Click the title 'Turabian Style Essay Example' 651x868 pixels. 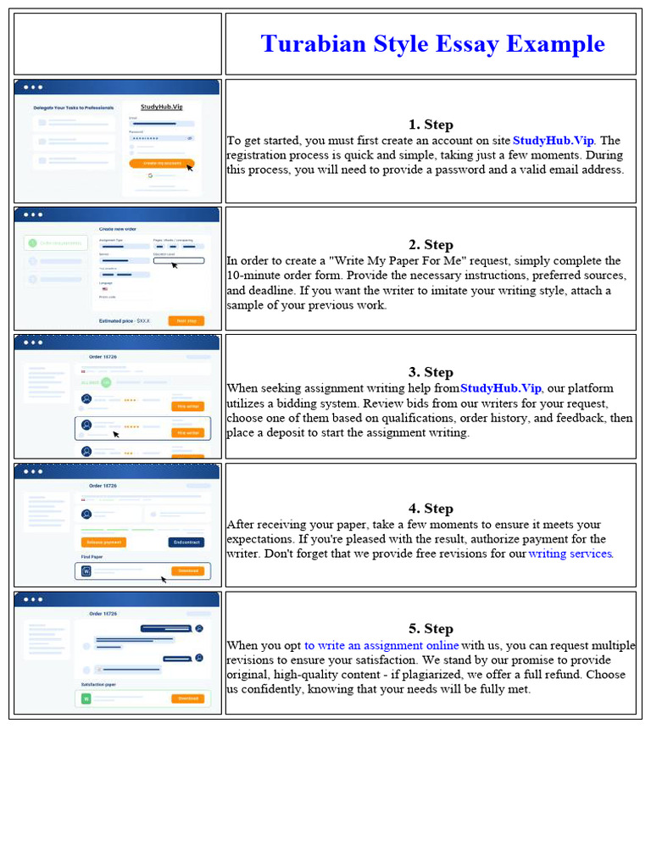[x=432, y=44]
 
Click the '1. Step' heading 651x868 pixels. [x=431, y=125]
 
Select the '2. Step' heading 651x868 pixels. [x=431, y=245]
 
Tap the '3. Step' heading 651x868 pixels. [x=431, y=372]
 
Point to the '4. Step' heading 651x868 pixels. [x=431, y=509]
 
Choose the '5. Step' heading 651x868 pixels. [x=431, y=629]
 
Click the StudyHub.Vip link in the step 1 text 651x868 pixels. [x=554, y=141]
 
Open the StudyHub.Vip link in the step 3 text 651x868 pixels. [x=501, y=388]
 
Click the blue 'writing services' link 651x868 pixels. [x=570, y=554]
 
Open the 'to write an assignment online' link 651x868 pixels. [x=381, y=645]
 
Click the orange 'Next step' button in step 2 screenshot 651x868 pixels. [x=186, y=320]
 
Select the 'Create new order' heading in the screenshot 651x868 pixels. [x=118, y=229]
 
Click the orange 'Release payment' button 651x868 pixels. [x=103, y=542]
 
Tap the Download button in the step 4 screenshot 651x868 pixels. [x=187, y=570]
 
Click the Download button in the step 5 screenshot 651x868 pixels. [x=187, y=698]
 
